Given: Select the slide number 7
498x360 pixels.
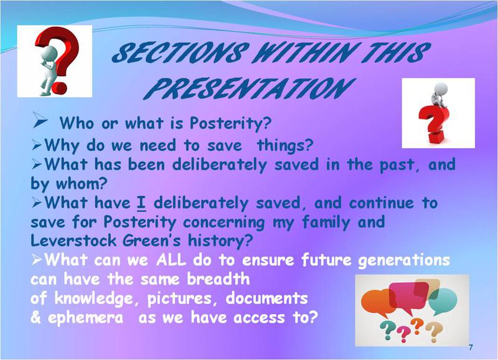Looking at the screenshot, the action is [x=471, y=348].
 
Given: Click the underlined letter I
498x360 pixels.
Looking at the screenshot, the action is [x=141, y=203].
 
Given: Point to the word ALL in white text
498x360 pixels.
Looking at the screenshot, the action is [x=171, y=260].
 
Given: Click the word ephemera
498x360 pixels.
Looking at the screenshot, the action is [x=85, y=318].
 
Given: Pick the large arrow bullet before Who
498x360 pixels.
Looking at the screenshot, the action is [x=40, y=120].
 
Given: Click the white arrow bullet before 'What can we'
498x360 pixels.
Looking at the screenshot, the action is [x=37, y=260].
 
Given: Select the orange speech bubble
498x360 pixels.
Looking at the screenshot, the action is [x=377, y=303].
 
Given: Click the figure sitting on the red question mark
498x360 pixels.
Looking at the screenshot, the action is [x=439, y=95].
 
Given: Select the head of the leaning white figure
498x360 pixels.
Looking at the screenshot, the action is [x=50, y=52].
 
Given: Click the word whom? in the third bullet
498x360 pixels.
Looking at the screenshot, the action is [x=82, y=184].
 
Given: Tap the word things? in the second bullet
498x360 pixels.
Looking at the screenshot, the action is [x=285, y=146].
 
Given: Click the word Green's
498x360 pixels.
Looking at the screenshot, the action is [x=151, y=240].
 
